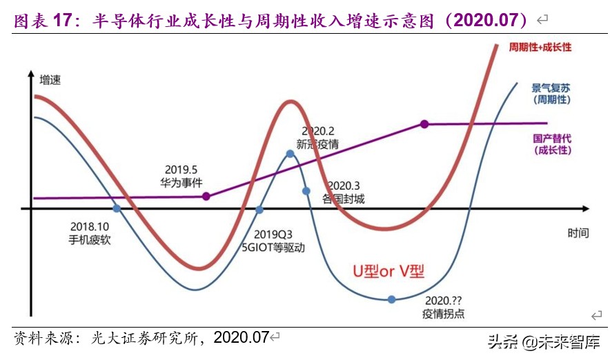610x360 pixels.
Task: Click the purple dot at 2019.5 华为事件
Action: [206, 197]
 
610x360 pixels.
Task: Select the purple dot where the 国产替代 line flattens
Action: [424, 124]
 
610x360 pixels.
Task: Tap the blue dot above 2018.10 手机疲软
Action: [117, 208]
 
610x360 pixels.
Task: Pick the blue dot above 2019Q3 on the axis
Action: [260, 210]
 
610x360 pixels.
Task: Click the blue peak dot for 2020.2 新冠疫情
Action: [291, 154]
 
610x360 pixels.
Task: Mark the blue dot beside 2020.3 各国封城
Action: [306, 191]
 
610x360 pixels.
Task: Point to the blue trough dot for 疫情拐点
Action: [391, 299]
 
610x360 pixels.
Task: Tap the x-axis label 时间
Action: [578, 233]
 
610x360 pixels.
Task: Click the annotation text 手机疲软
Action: [90, 240]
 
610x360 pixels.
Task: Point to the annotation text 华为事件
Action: [181, 181]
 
